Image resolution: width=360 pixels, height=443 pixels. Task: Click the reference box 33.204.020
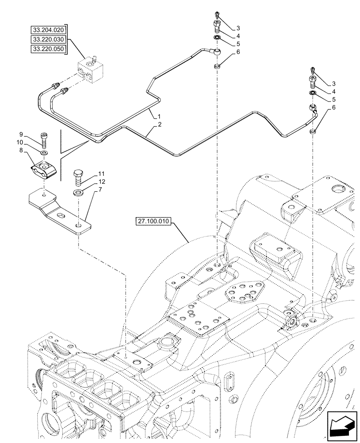[48, 30]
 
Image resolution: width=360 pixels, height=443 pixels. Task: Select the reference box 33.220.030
[48, 39]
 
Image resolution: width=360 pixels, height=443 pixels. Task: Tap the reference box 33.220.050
[48, 49]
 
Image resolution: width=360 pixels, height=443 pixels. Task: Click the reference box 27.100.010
[154, 221]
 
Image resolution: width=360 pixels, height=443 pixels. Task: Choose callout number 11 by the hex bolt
[101, 173]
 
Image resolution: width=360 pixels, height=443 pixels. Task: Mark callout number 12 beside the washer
[101, 182]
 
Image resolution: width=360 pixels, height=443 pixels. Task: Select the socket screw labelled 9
[44, 140]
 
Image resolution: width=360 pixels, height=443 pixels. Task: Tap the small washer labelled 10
[44, 153]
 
